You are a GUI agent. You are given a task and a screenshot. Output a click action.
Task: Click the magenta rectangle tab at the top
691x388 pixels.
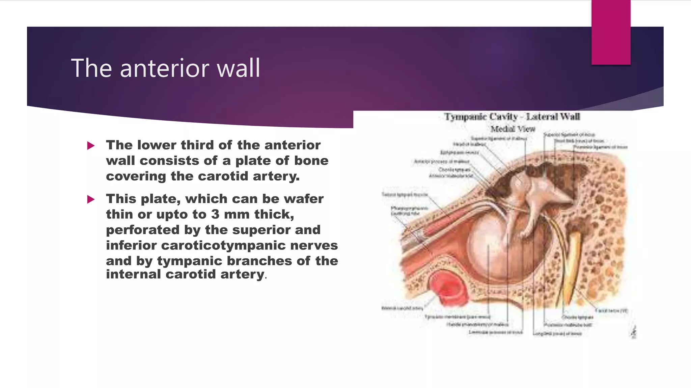(611, 32)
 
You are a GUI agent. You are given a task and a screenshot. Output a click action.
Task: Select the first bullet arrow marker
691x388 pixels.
(91, 146)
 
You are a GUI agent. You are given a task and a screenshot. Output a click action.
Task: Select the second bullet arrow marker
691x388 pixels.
(91, 199)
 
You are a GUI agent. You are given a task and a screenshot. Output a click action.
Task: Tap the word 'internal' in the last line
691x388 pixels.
(134, 274)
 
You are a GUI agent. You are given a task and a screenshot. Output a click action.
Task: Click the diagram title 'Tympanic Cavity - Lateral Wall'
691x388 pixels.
(512, 117)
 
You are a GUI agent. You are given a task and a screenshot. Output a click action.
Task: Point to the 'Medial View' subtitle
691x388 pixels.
(513, 129)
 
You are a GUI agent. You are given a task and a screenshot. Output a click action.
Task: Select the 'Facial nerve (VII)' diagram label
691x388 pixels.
(611, 311)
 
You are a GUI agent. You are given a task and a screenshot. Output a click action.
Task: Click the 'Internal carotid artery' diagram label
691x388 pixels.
(402, 308)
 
